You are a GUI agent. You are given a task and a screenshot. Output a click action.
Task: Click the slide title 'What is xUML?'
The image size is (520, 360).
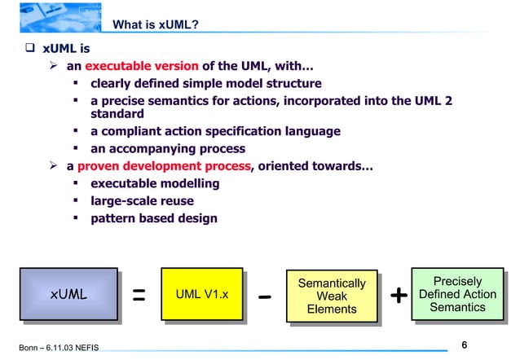coord(155,24)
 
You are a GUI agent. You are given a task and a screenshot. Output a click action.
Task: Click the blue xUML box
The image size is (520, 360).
coord(69,294)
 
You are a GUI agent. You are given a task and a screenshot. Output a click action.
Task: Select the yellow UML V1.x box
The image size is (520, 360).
coord(202,294)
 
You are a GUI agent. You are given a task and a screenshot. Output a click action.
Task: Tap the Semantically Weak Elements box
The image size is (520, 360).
coord(332,296)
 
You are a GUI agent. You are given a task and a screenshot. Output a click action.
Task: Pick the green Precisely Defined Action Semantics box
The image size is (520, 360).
coord(457,293)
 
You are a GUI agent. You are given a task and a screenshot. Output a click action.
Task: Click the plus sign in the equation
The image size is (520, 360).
coord(397,296)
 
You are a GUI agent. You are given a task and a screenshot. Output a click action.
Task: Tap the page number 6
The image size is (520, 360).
coord(464,345)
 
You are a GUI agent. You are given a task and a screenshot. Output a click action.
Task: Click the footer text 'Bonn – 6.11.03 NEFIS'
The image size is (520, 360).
coord(59,348)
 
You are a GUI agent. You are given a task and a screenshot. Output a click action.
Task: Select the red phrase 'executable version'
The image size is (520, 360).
coord(141,66)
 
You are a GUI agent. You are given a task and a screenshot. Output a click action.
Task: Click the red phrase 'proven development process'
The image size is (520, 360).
coord(164,166)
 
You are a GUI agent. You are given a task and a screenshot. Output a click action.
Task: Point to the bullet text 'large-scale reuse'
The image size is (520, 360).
coord(142,200)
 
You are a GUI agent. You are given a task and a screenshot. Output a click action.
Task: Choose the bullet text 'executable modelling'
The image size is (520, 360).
coord(154,183)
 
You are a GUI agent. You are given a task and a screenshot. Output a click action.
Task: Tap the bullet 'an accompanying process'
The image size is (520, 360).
coord(167,148)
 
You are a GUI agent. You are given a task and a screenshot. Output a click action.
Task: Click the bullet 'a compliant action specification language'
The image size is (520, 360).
coord(215,131)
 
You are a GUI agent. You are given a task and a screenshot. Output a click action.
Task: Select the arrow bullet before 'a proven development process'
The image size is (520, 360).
coord(55,166)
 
